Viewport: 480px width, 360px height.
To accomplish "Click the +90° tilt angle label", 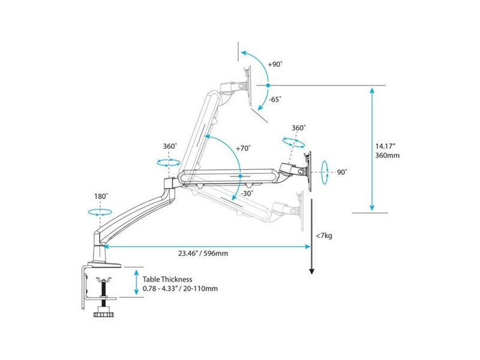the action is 275,65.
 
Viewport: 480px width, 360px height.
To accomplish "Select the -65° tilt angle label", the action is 275,99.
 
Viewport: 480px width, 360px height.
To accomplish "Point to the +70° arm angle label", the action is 244,148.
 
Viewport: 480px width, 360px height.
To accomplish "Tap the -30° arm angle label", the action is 247,193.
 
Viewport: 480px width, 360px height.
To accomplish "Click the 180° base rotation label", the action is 101,196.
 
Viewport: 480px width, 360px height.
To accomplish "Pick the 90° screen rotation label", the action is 342,172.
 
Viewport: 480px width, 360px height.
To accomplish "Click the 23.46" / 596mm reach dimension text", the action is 203,253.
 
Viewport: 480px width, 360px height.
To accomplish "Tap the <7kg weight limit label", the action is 324,236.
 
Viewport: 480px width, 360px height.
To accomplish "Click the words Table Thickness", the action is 167,279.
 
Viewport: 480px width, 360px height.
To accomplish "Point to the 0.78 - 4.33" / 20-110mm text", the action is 181,289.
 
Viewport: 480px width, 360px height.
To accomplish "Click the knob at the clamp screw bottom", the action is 104,314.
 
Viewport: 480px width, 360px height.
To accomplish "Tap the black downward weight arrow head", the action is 311,271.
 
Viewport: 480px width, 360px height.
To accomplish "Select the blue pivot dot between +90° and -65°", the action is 268,85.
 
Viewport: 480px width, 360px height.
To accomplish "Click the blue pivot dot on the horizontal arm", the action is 241,176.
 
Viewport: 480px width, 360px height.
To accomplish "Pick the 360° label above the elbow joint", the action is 170,146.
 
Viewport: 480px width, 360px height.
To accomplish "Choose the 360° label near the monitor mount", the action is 298,128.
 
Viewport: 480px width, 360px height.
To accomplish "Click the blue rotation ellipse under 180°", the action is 100,212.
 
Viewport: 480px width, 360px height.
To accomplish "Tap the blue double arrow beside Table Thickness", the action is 136,282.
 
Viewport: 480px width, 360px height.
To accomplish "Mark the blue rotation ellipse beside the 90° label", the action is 325,172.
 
